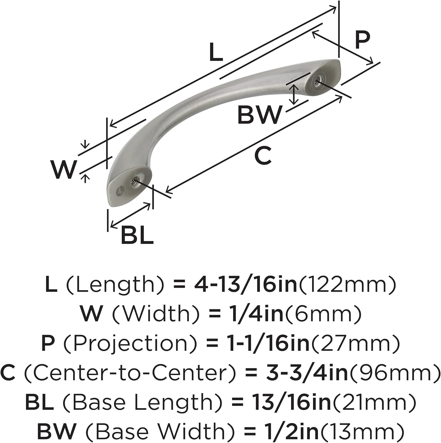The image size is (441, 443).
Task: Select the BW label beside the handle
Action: [259, 115]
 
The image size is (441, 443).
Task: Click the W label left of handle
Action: [63, 170]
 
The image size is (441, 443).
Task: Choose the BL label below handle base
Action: [137, 235]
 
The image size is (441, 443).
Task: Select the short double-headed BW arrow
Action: [293, 95]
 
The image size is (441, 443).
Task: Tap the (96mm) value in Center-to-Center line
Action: [395, 373]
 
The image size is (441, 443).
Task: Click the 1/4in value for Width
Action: [257, 314]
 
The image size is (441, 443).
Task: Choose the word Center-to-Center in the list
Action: [130, 373]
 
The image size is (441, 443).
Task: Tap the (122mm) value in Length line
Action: [347, 284]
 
